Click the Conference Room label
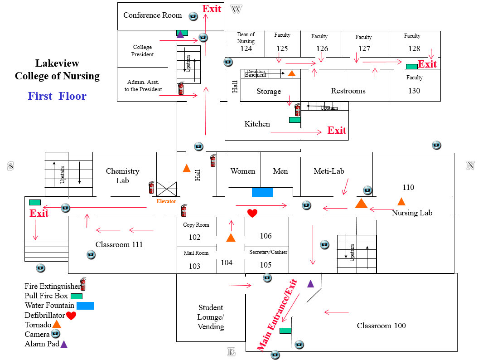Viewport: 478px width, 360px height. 152,15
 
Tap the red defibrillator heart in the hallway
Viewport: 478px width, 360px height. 252,213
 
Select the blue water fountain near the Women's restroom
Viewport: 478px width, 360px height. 262,192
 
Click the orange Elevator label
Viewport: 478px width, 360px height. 166,201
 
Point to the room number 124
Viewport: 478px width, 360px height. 246,49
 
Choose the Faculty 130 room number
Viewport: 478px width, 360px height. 414,91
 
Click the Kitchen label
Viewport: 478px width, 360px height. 257,124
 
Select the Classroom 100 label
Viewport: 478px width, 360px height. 381,326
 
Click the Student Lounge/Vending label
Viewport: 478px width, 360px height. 211,317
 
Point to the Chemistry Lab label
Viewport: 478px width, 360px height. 122,175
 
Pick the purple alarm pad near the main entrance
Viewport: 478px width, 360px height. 310,284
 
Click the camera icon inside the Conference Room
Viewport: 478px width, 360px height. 193,16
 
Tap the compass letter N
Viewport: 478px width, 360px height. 470,166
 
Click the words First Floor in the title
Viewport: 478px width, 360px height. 57,96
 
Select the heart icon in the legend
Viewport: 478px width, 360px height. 71,316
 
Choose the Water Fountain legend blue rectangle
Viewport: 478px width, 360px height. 85,306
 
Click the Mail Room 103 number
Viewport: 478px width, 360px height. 194,266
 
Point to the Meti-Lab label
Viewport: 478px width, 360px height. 329,171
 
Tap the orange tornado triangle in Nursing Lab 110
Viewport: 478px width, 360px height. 401,201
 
